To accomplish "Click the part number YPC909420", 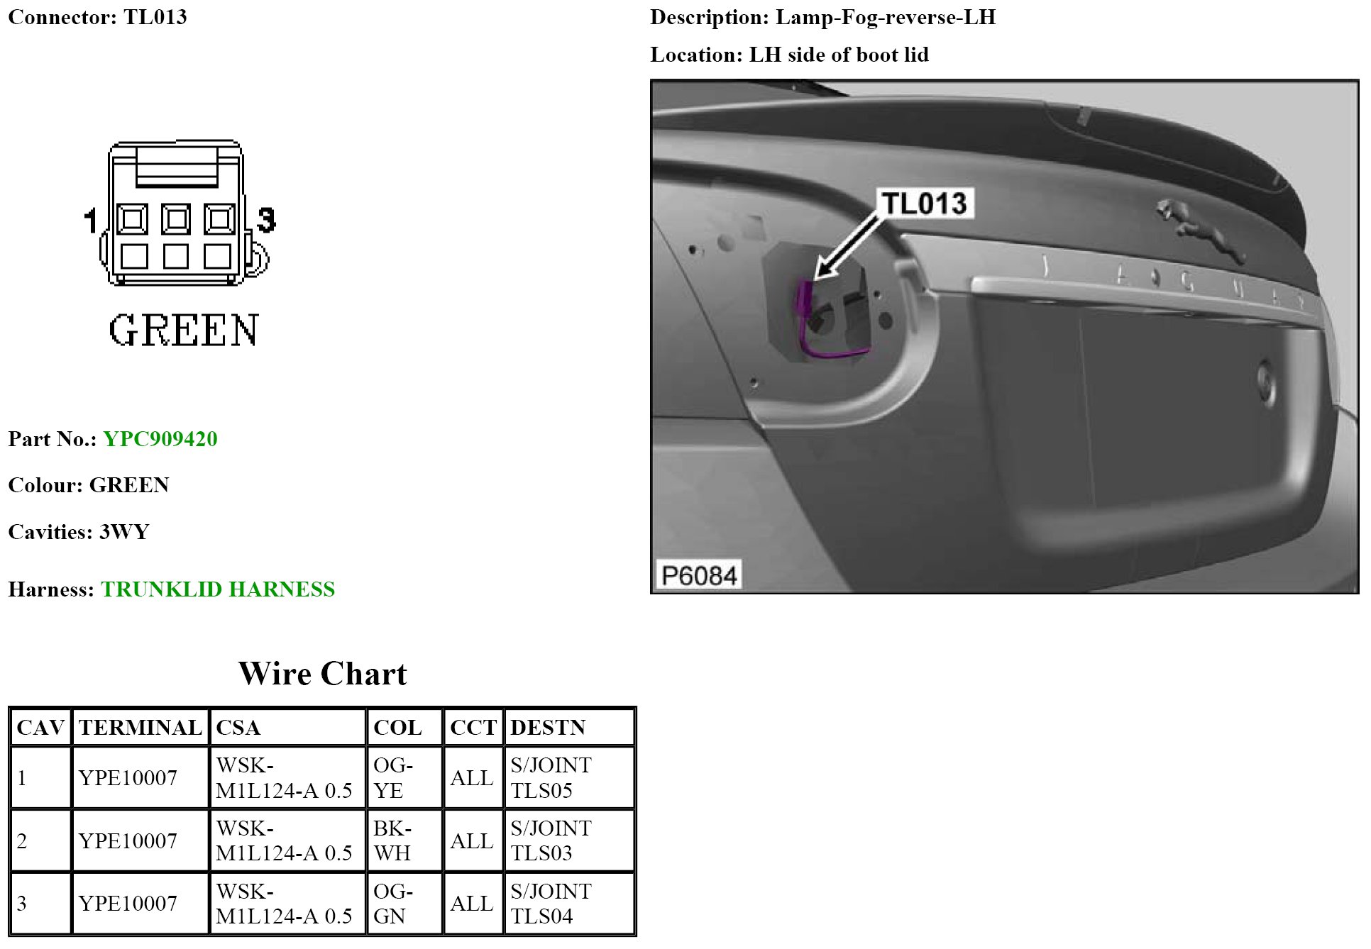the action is tap(160, 439).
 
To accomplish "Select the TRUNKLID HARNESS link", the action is tap(218, 589).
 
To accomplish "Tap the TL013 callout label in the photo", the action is tap(924, 204).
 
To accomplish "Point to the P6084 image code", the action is tap(699, 575).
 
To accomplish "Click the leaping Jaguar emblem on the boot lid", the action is tap(1199, 231).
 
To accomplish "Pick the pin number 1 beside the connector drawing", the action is tap(90, 221).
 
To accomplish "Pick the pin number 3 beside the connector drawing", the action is tap(266, 220).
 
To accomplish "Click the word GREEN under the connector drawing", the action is tap(184, 331).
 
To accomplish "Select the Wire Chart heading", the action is tap(323, 674).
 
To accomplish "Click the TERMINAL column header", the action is tap(141, 728).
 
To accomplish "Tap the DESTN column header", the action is tap(548, 728).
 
